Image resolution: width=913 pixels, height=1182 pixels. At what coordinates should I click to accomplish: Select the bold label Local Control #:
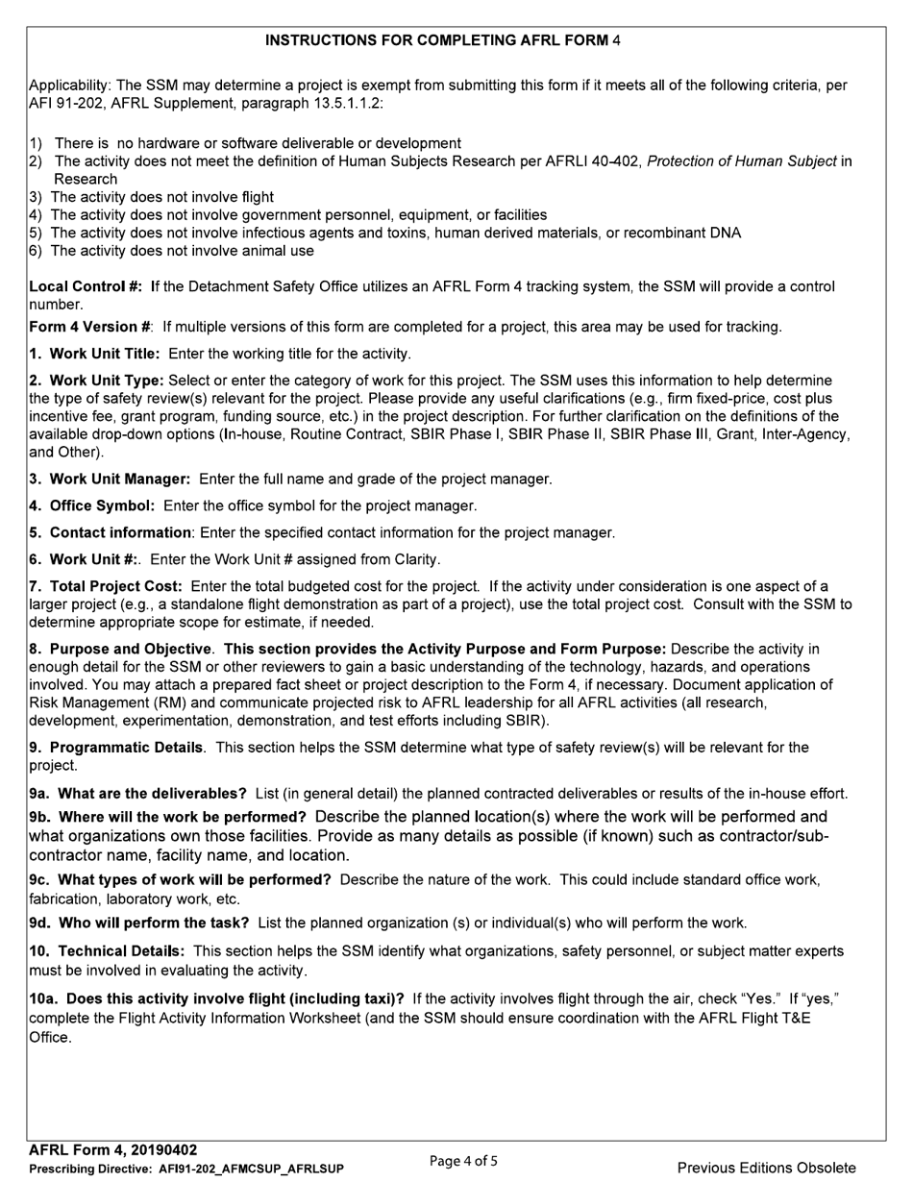(x=86, y=286)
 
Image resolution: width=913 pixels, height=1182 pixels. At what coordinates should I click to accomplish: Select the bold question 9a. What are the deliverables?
(x=138, y=794)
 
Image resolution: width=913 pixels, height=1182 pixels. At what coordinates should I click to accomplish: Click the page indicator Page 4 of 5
(x=463, y=1161)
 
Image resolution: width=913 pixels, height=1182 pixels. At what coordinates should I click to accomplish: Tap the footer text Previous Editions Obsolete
(x=766, y=1168)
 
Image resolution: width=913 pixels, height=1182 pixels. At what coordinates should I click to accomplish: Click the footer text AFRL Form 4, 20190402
(x=113, y=1150)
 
